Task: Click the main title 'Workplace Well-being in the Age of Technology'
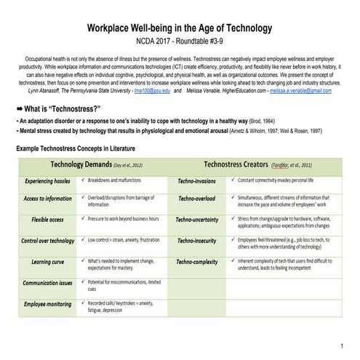coord(180,28)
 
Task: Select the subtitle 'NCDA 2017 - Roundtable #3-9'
coord(180,41)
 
